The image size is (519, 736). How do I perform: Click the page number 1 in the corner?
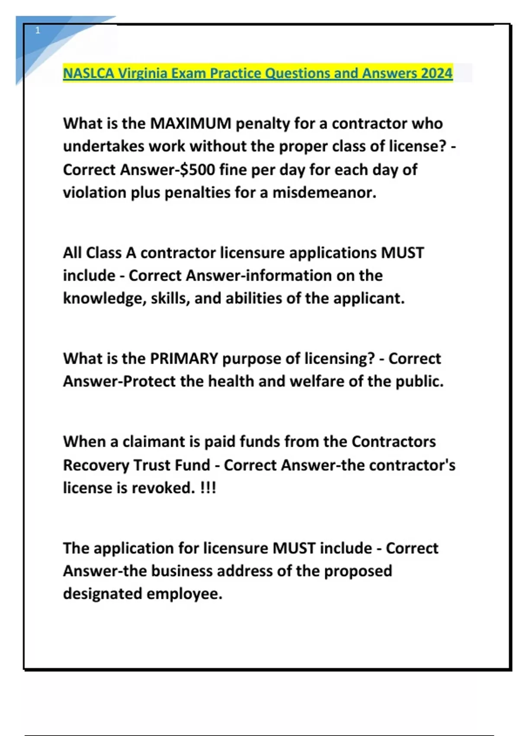[x=38, y=30]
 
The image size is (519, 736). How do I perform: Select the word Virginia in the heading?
[x=143, y=73]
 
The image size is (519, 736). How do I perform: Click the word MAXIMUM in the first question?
[x=191, y=124]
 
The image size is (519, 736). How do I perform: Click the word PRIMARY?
[x=184, y=359]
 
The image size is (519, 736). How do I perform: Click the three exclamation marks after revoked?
[x=208, y=488]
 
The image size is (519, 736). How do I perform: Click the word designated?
[x=102, y=594]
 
